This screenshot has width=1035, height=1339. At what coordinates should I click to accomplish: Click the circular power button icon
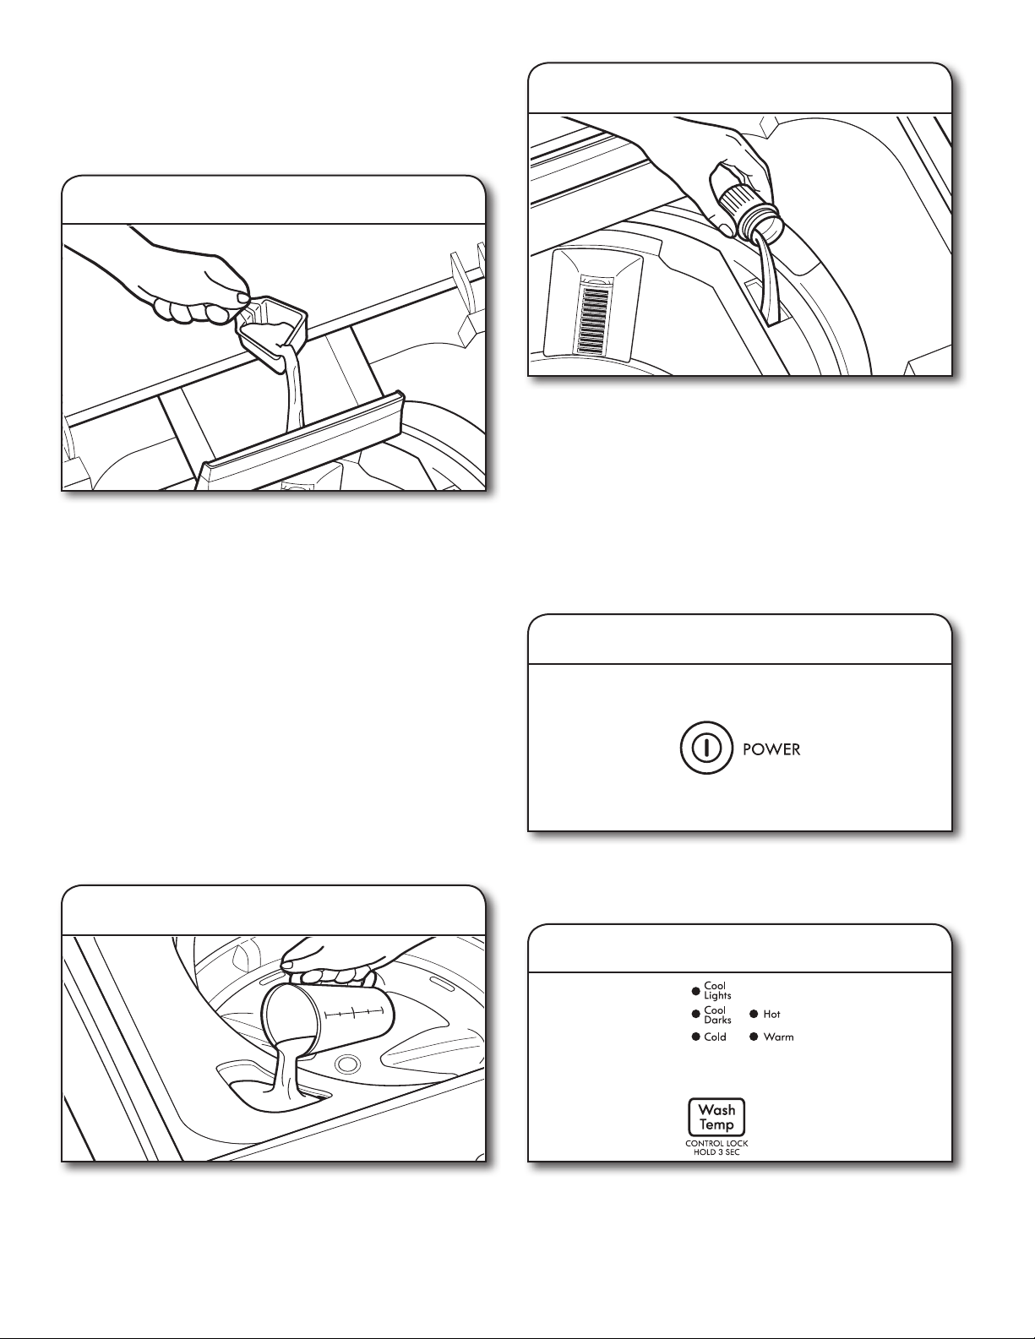[706, 748]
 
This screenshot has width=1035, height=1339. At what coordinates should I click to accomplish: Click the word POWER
[771, 749]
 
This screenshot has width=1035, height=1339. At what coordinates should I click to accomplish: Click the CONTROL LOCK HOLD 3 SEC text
[716, 1148]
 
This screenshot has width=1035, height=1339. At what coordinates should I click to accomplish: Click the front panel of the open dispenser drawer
[302, 443]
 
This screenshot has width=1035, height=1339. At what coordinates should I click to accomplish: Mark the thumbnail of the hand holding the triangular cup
[242, 298]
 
